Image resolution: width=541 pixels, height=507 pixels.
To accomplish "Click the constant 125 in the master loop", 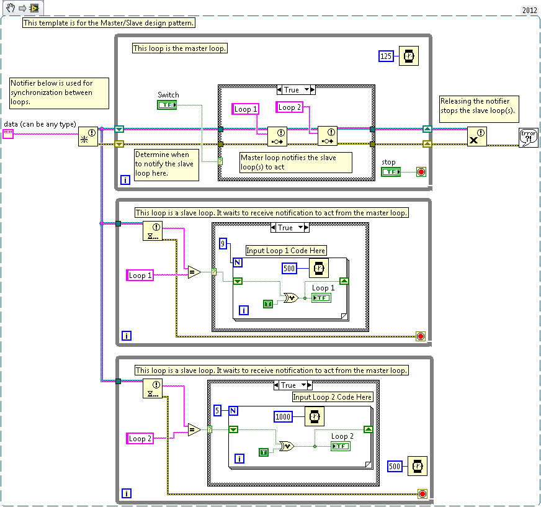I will coord(386,56).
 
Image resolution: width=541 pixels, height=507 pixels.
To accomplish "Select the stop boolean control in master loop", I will coord(390,172).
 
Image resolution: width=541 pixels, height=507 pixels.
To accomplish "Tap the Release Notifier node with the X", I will coord(476,137).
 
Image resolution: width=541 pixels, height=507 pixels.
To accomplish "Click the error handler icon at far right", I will coord(529,137).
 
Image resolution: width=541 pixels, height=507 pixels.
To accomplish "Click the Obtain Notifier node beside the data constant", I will coord(88,136).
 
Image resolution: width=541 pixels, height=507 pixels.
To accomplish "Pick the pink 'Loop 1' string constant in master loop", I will coord(246,109).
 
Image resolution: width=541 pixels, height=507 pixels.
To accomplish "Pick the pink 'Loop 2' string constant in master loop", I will coord(289,107).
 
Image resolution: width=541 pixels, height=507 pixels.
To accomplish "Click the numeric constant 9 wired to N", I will coord(223,245).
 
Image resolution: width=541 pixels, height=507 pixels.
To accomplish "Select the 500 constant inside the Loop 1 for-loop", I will coord(289,268).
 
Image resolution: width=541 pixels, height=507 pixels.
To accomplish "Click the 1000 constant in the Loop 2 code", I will coord(283,417).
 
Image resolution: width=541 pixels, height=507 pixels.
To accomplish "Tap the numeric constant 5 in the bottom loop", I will coord(217,410).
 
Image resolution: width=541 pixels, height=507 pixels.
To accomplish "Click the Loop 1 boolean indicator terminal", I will coord(321,298).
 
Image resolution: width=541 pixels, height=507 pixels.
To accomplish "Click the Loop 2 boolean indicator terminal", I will coord(340,446).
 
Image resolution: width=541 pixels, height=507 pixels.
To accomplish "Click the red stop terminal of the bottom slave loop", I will coord(422,494).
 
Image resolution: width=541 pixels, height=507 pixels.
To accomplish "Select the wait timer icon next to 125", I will coord(408,56).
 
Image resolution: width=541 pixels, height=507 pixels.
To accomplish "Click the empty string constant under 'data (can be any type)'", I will coord(8,134).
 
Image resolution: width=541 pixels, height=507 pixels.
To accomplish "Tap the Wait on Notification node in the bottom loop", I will coord(152,388).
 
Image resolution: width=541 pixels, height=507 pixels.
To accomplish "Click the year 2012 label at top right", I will coord(529,11).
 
